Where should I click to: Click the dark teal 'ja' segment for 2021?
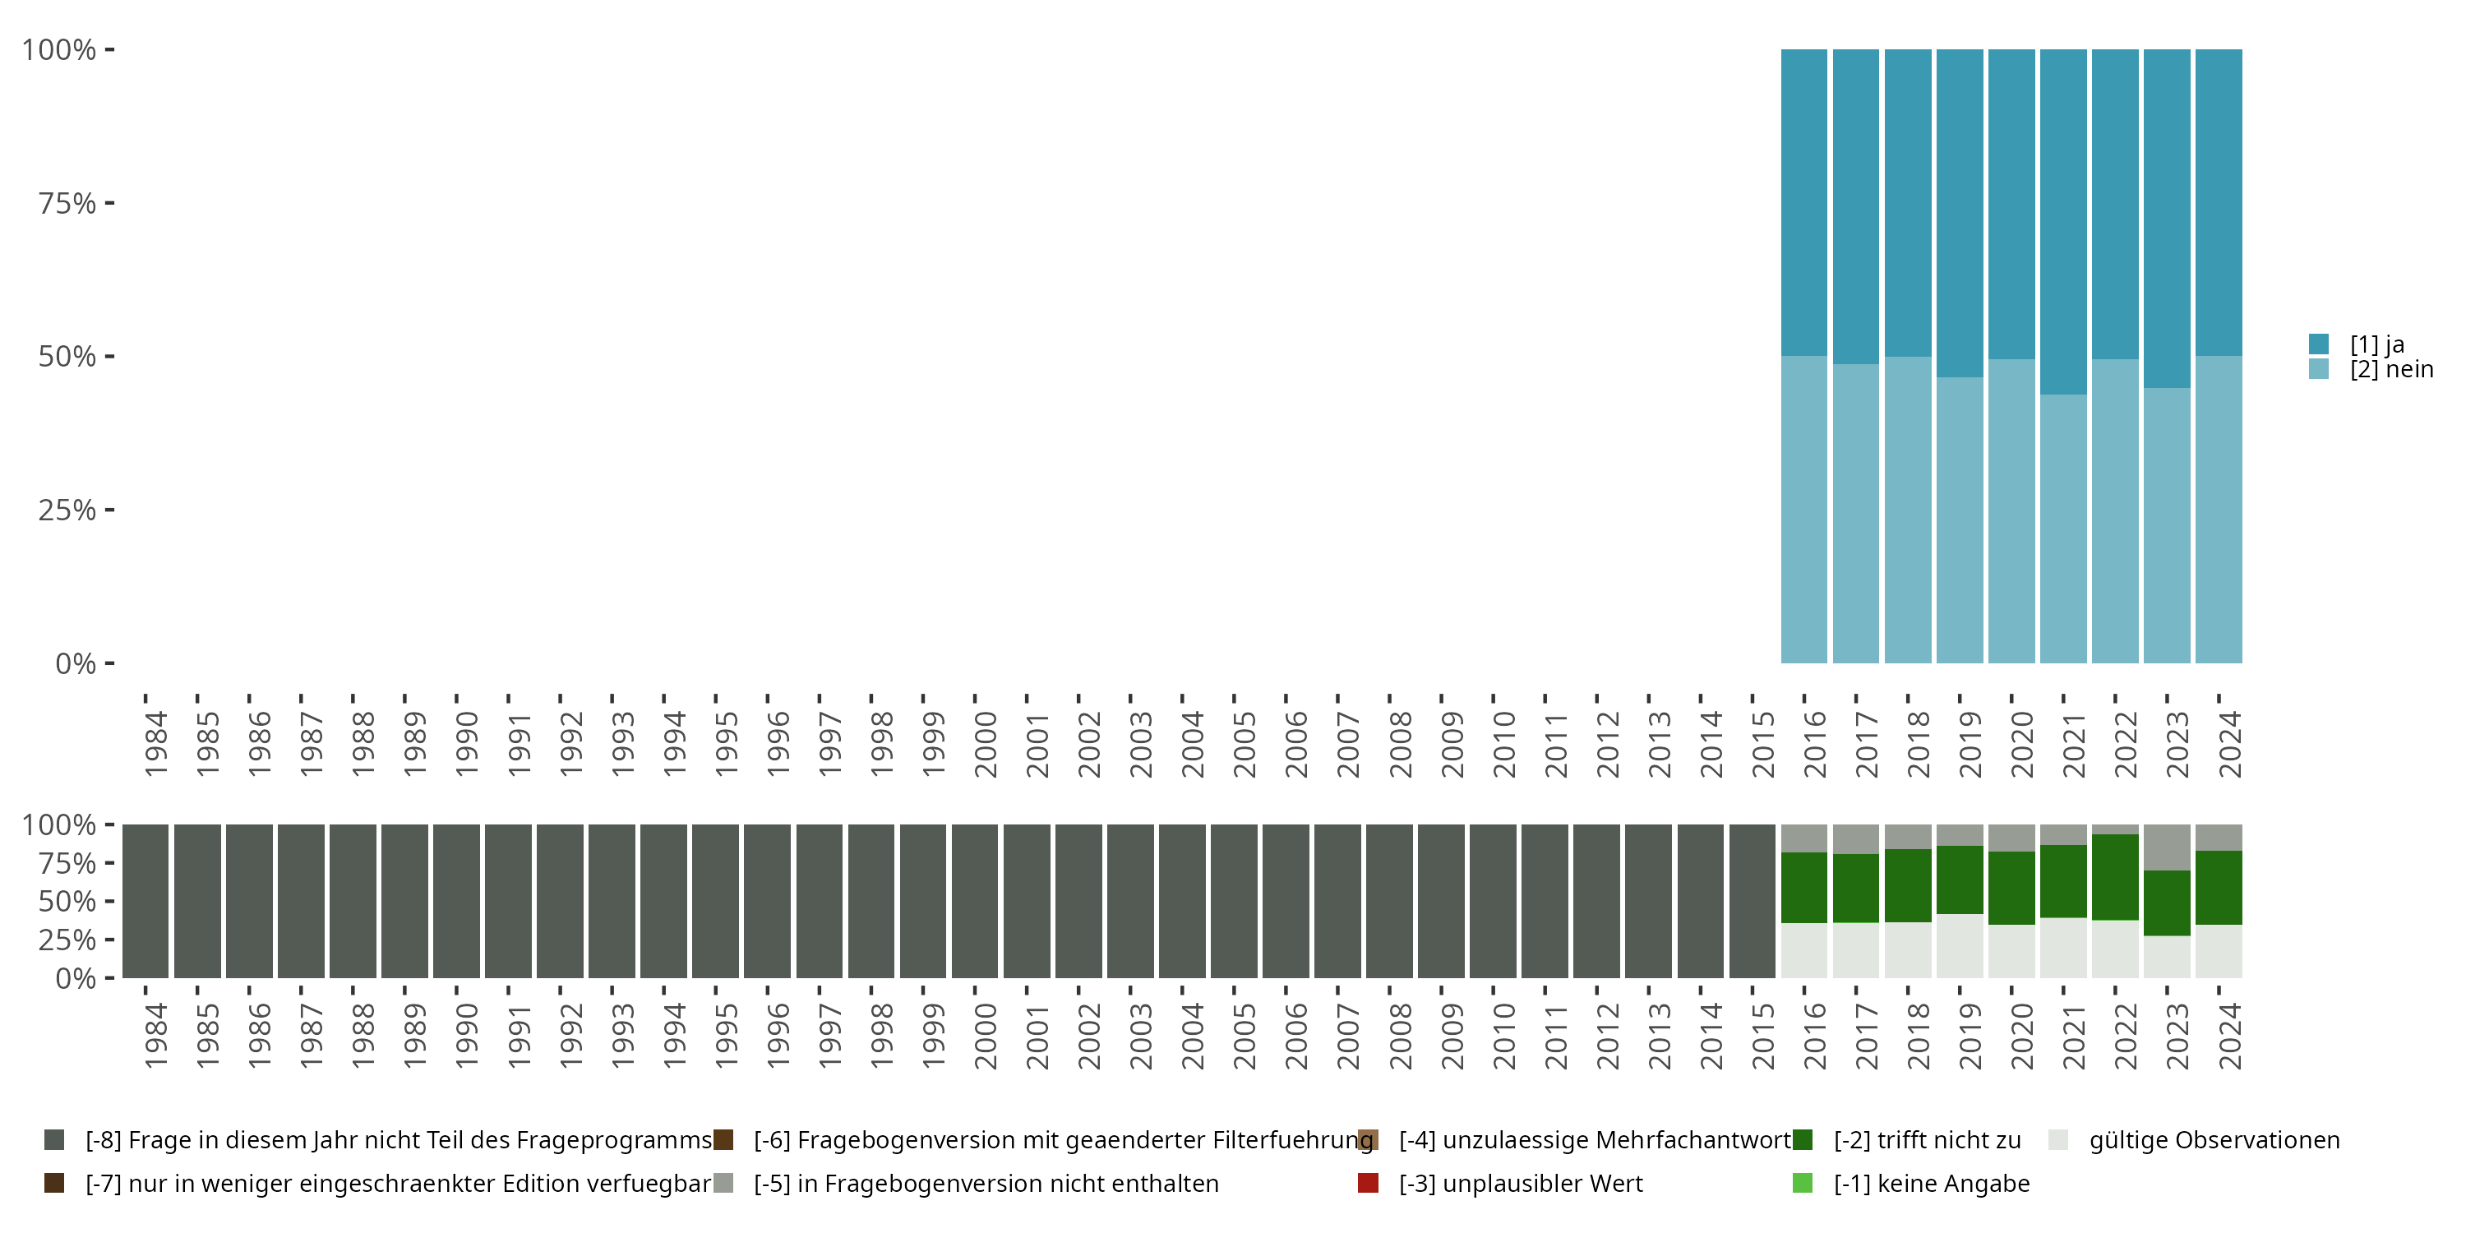[2063, 220]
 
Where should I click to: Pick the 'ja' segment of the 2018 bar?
[1908, 202]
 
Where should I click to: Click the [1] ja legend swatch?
[2319, 344]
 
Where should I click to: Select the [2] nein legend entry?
[2390, 370]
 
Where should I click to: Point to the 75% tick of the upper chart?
[109, 203]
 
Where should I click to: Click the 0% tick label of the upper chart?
[75, 663]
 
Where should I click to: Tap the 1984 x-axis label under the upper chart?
[156, 744]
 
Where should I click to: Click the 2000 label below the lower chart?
[985, 1036]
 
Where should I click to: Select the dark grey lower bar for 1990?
[455, 901]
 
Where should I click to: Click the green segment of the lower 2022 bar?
[2115, 877]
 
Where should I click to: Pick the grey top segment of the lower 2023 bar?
[2166, 847]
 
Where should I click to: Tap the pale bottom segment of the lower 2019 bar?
[1960, 946]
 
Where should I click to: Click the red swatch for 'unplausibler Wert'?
[1368, 1183]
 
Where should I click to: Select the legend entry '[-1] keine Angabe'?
[1931, 1183]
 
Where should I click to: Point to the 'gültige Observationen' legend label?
[2214, 1140]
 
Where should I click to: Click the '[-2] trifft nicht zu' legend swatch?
[1803, 1140]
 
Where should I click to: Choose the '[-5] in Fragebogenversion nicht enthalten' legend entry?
[985, 1183]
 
